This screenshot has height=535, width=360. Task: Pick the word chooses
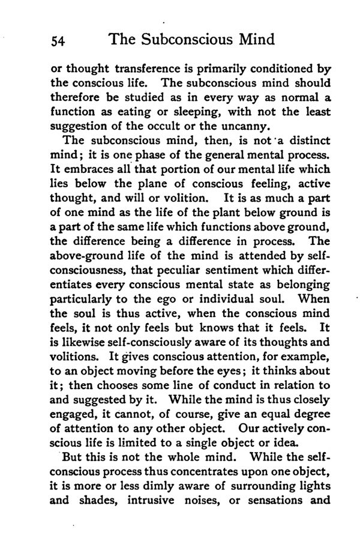pos(116,385)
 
